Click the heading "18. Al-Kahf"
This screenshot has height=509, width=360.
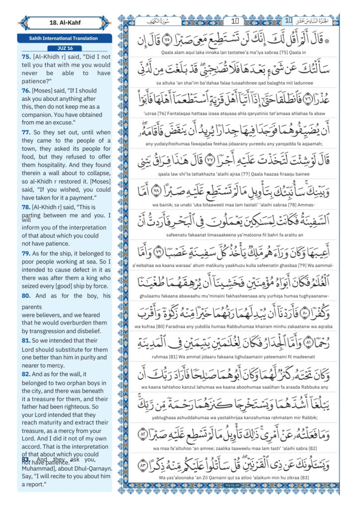click(x=64, y=23)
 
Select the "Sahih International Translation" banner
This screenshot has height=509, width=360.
click(x=64, y=38)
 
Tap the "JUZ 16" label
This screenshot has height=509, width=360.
click(x=64, y=48)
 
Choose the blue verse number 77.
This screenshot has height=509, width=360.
click(x=26, y=133)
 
